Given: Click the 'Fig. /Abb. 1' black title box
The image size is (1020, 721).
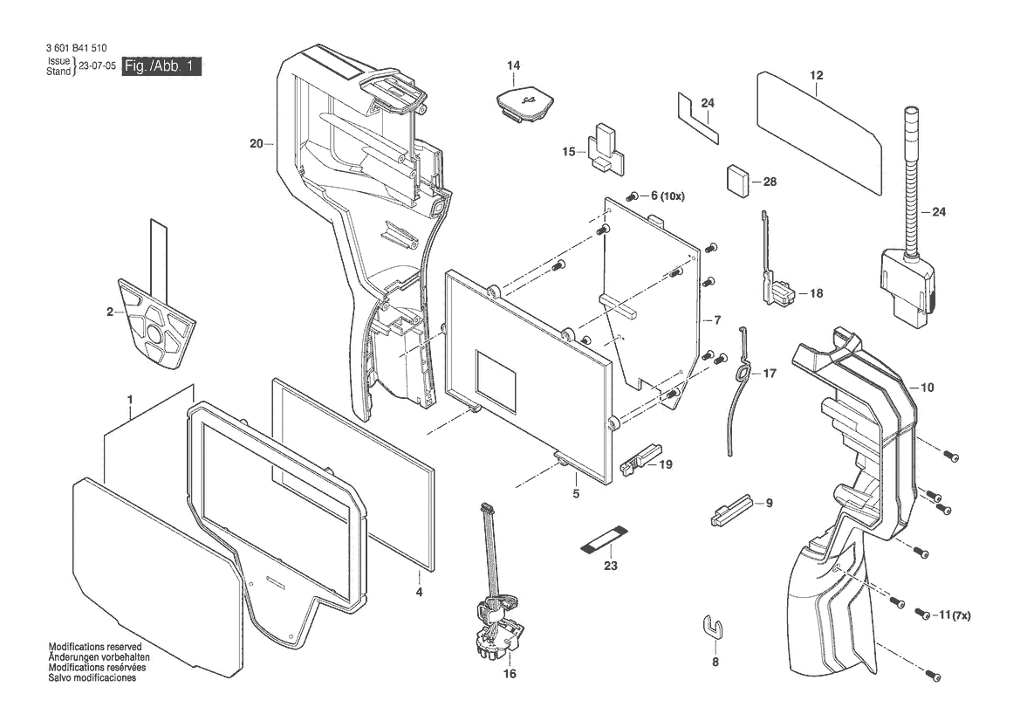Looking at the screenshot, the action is (x=162, y=66).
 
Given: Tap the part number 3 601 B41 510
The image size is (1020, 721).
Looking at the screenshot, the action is (x=76, y=48).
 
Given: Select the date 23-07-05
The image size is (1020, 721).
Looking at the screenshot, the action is (x=97, y=66).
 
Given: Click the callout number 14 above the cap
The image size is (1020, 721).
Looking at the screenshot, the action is (x=514, y=65).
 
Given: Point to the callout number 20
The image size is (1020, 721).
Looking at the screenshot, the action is (x=257, y=143).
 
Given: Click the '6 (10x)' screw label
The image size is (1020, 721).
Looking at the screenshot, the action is (x=667, y=196).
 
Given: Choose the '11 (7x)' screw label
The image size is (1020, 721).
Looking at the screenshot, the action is (x=955, y=615).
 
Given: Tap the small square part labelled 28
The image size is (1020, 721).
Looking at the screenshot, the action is (x=737, y=180).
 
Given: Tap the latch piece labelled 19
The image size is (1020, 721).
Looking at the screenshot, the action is (x=641, y=459).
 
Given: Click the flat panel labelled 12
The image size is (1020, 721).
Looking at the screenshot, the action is (x=819, y=134).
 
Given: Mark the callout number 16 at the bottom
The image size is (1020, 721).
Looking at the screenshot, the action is (x=510, y=674).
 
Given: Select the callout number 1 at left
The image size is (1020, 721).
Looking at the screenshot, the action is (x=130, y=398).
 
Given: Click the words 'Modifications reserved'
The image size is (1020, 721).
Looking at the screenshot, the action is (x=95, y=647).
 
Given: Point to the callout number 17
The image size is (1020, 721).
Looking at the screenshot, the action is (x=770, y=374).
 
